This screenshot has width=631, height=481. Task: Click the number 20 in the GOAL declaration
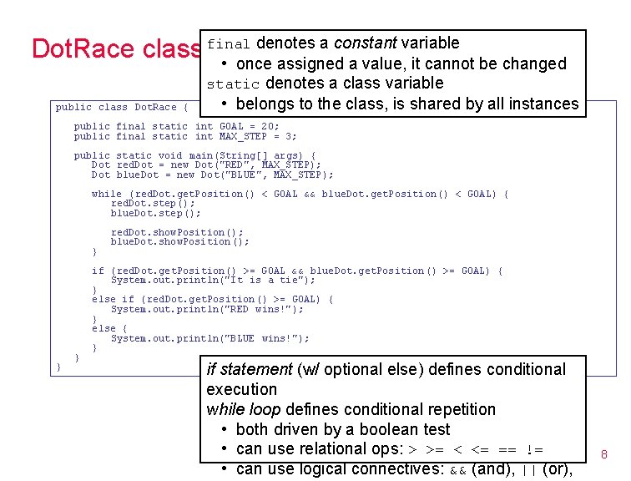[x=266, y=126]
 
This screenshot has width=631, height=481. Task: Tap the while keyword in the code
[x=106, y=194]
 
